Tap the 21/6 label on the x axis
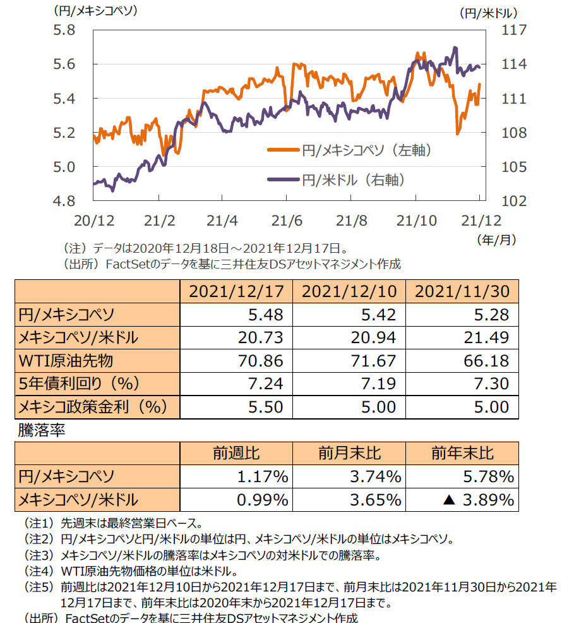click(287, 221)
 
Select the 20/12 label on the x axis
click(94, 221)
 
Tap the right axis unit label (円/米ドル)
click(488, 13)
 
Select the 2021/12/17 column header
click(237, 291)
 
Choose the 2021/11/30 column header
click(463, 291)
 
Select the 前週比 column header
click(237, 454)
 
